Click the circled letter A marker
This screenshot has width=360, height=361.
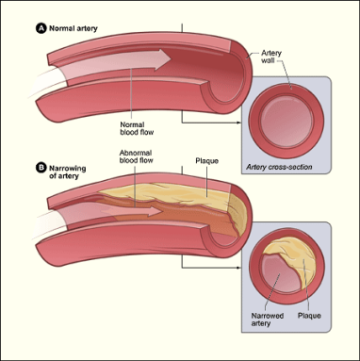pyautogui.click(x=40, y=28)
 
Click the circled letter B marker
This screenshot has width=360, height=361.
pyautogui.click(x=40, y=168)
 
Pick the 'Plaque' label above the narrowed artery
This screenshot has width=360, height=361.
pyautogui.click(x=206, y=161)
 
